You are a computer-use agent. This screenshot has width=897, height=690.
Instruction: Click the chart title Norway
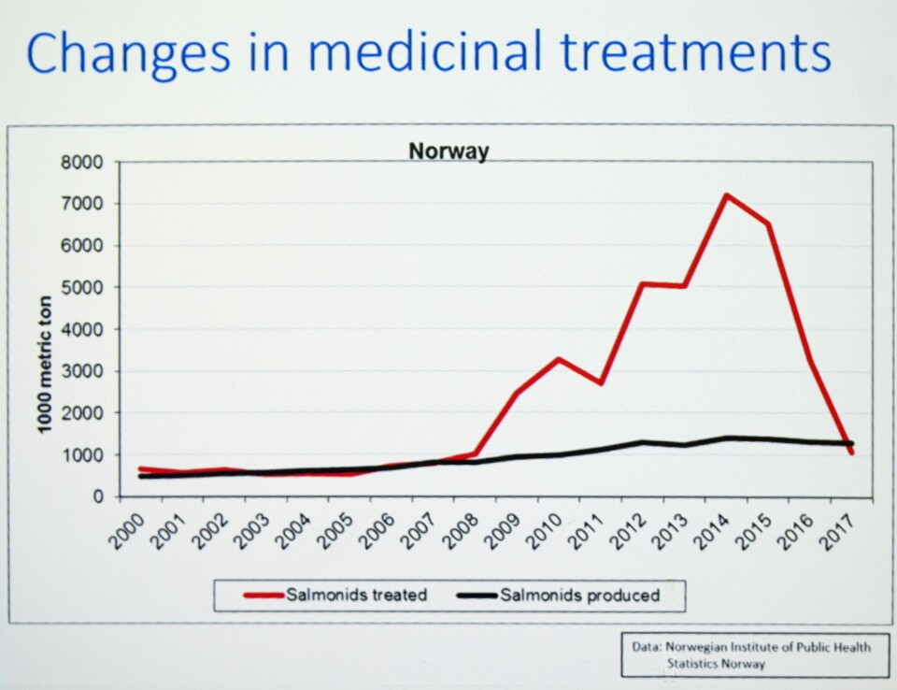[x=448, y=151]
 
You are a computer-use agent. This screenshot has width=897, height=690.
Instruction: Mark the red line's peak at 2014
[x=726, y=195]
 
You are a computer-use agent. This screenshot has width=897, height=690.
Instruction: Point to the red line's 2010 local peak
[x=559, y=359]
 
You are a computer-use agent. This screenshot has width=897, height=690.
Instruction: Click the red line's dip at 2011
[x=600, y=383]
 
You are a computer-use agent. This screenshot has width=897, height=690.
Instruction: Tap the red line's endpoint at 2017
[x=851, y=453]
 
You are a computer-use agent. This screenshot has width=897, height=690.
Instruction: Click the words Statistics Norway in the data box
[x=716, y=664]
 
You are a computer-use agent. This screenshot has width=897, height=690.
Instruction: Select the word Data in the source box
[x=644, y=646]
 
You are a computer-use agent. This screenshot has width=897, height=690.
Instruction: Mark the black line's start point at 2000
[x=140, y=477]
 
